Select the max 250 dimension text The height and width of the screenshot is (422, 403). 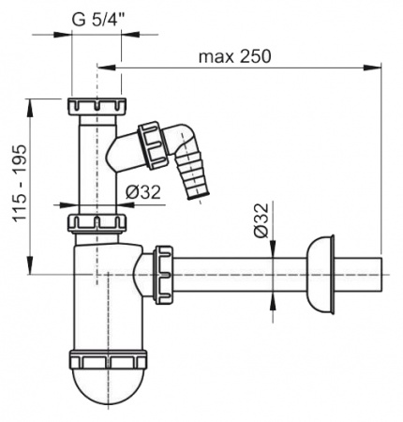coord(233,56)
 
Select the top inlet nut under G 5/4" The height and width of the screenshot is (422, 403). coord(97,104)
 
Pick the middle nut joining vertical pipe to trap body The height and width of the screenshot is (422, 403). coord(97,223)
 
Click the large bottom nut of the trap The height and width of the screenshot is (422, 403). coord(107,360)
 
